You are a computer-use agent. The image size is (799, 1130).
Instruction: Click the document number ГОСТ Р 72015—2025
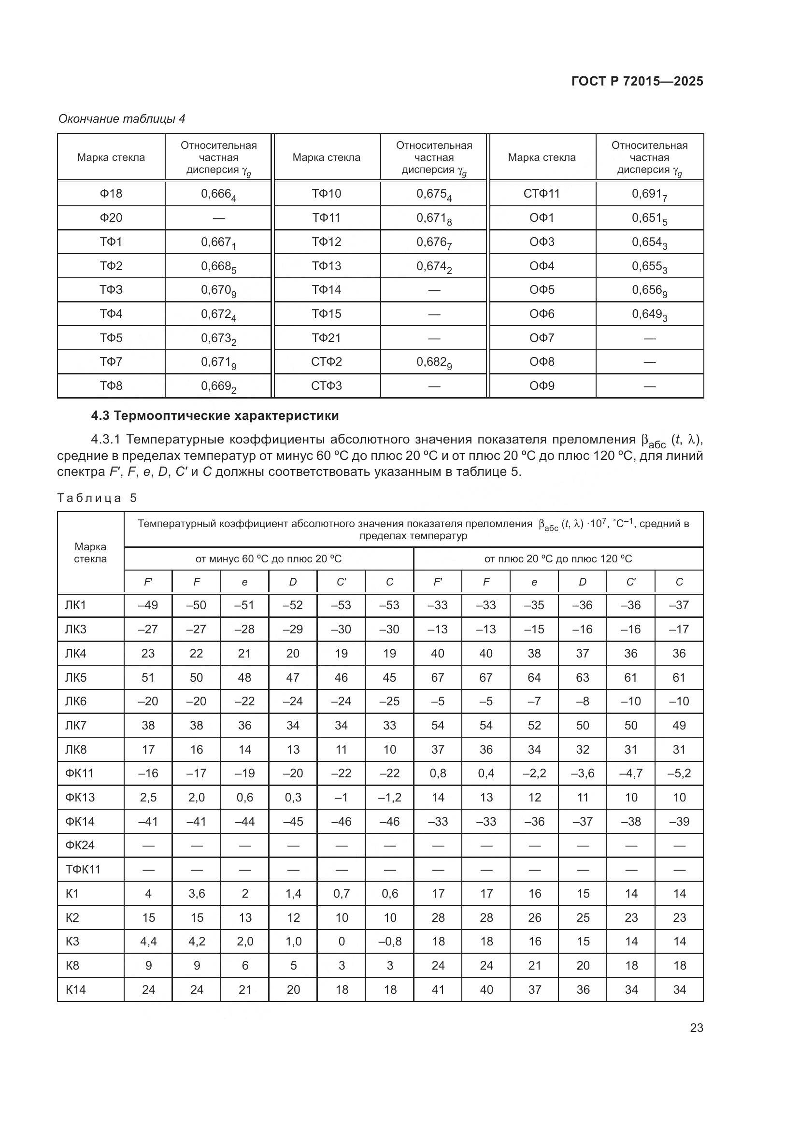tap(637, 81)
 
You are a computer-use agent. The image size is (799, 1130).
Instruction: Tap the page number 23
tap(696, 1028)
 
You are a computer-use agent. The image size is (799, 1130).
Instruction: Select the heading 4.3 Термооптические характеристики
tap(215, 416)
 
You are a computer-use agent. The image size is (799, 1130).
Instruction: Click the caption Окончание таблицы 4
tap(122, 119)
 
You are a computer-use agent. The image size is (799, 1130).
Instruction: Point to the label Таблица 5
tap(97, 498)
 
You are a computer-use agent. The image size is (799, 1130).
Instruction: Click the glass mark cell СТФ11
tap(542, 193)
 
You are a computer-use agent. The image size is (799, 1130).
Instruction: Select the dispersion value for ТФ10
tap(433, 194)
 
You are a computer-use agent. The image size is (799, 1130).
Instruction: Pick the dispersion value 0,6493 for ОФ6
tap(649, 315)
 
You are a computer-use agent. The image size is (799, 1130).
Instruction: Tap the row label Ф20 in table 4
tap(111, 217)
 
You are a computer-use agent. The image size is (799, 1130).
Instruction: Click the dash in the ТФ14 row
tap(433, 290)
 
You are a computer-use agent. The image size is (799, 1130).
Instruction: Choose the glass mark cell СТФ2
tap(326, 362)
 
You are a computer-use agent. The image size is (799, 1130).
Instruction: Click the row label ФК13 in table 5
tap(80, 797)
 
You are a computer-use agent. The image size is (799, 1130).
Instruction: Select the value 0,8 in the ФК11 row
tap(437, 773)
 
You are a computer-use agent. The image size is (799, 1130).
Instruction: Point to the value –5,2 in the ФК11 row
tap(679, 773)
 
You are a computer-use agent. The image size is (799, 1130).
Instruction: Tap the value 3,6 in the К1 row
tap(196, 893)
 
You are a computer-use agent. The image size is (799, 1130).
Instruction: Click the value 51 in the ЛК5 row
tap(148, 678)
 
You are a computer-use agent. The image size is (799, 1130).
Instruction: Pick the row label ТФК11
tap(83, 869)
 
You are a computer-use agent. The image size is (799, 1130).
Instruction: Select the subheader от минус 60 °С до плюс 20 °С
tap(269, 558)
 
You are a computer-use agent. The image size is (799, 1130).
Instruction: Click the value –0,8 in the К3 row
tap(390, 941)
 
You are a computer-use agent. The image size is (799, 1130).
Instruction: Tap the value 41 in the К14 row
tap(437, 989)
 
